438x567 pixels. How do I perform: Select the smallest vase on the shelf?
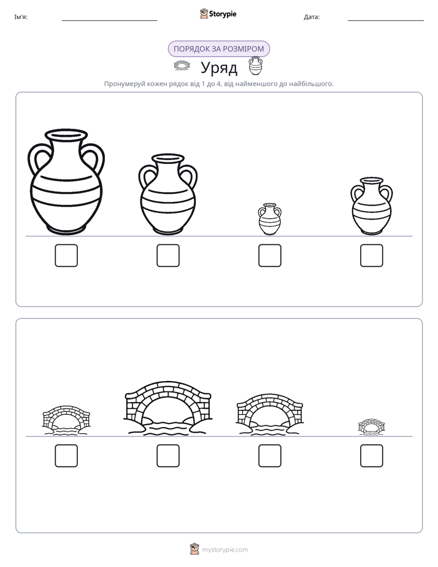[269, 219]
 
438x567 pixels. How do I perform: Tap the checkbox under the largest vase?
[66, 256]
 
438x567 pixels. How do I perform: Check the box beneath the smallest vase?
[269, 256]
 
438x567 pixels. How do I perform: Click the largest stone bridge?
[167, 407]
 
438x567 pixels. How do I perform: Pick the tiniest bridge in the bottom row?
[372, 426]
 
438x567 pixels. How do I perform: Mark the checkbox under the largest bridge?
[168, 455]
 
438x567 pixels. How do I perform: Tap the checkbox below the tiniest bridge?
[372, 455]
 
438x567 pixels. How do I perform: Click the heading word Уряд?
[219, 67]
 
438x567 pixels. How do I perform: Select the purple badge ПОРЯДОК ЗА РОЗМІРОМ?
[219, 49]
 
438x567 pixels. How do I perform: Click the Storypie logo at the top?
[218, 13]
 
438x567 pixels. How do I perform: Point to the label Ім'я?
[21, 17]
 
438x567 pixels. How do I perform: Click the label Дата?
[312, 17]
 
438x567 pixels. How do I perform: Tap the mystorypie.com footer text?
[225, 550]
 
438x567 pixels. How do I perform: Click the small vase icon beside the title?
[255, 66]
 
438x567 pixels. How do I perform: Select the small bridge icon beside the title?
[182, 66]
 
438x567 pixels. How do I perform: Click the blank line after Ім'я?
[109, 21]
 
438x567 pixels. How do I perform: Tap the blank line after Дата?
[386, 21]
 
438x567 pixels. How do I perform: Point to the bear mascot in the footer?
[194, 549]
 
